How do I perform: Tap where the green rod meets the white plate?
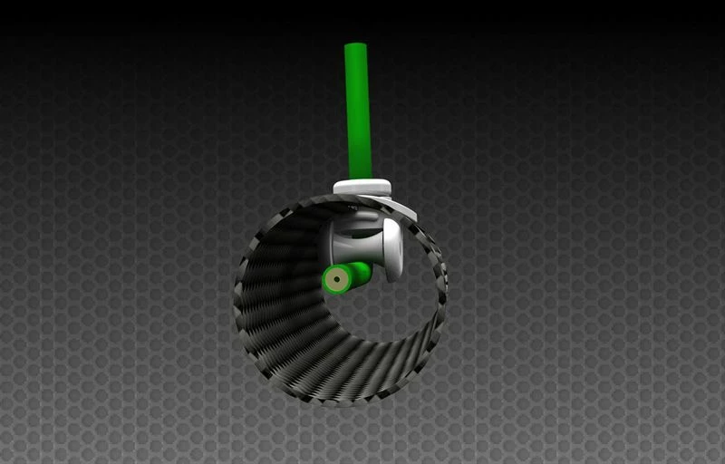[x=360, y=179]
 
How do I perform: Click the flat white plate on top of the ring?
[x=362, y=188]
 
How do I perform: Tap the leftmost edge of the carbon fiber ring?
[x=236, y=299]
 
